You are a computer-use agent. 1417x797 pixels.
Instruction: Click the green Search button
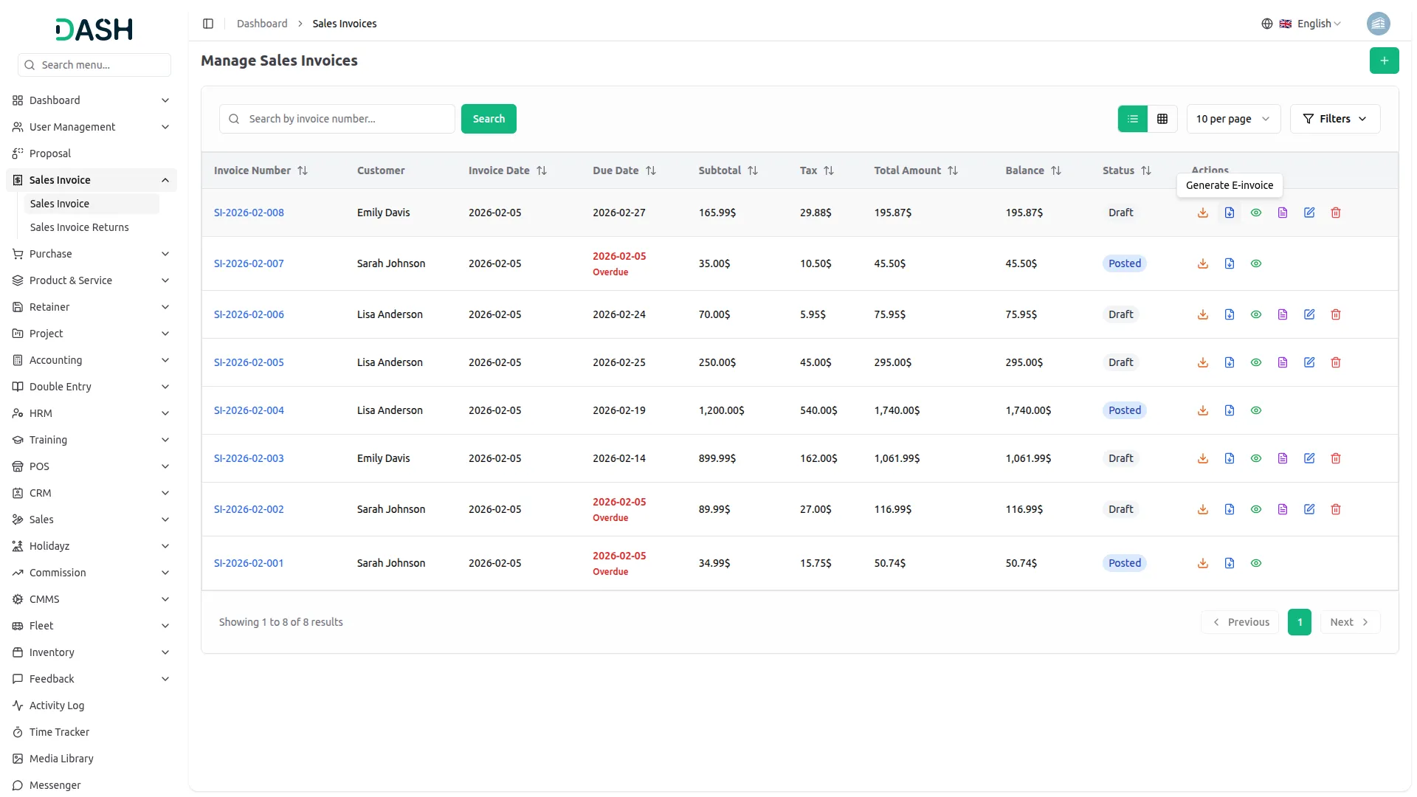point(488,119)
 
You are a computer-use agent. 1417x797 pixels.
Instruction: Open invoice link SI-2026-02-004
point(249,410)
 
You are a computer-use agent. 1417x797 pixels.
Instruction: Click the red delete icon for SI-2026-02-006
point(1335,314)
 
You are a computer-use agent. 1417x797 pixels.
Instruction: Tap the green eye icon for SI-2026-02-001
point(1255,563)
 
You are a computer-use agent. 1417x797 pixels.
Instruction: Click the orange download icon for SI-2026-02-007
point(1202,263)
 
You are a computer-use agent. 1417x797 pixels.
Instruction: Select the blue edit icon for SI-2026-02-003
point(1309,458)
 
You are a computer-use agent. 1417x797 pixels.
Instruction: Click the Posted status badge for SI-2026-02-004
point(1124,410)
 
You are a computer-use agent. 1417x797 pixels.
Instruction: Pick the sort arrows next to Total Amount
point(953,170)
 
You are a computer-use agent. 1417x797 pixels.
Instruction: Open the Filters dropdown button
point(1334,119)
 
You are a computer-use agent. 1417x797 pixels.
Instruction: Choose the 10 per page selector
point(1232,119)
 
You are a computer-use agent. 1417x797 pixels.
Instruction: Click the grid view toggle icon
point(1162,119)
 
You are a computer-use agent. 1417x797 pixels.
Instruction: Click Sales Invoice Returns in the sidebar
point(79,227)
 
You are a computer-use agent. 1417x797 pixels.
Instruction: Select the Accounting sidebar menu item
point(55,360)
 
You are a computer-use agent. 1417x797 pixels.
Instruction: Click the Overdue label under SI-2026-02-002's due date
point(610,518)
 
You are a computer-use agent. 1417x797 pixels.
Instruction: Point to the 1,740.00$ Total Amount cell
point(897,410)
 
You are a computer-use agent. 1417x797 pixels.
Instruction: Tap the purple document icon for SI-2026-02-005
point(1282,362)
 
